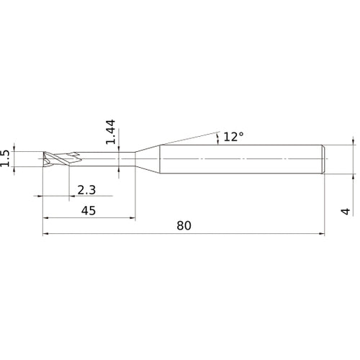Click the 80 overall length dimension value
pyautogui.click(x=184, y=225)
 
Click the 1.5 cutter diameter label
pyautogui.click(x=6, y=158)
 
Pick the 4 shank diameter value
pyautogui.click(x=346, y=212)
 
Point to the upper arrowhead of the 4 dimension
pyautogui.click(x=353, y=143)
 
